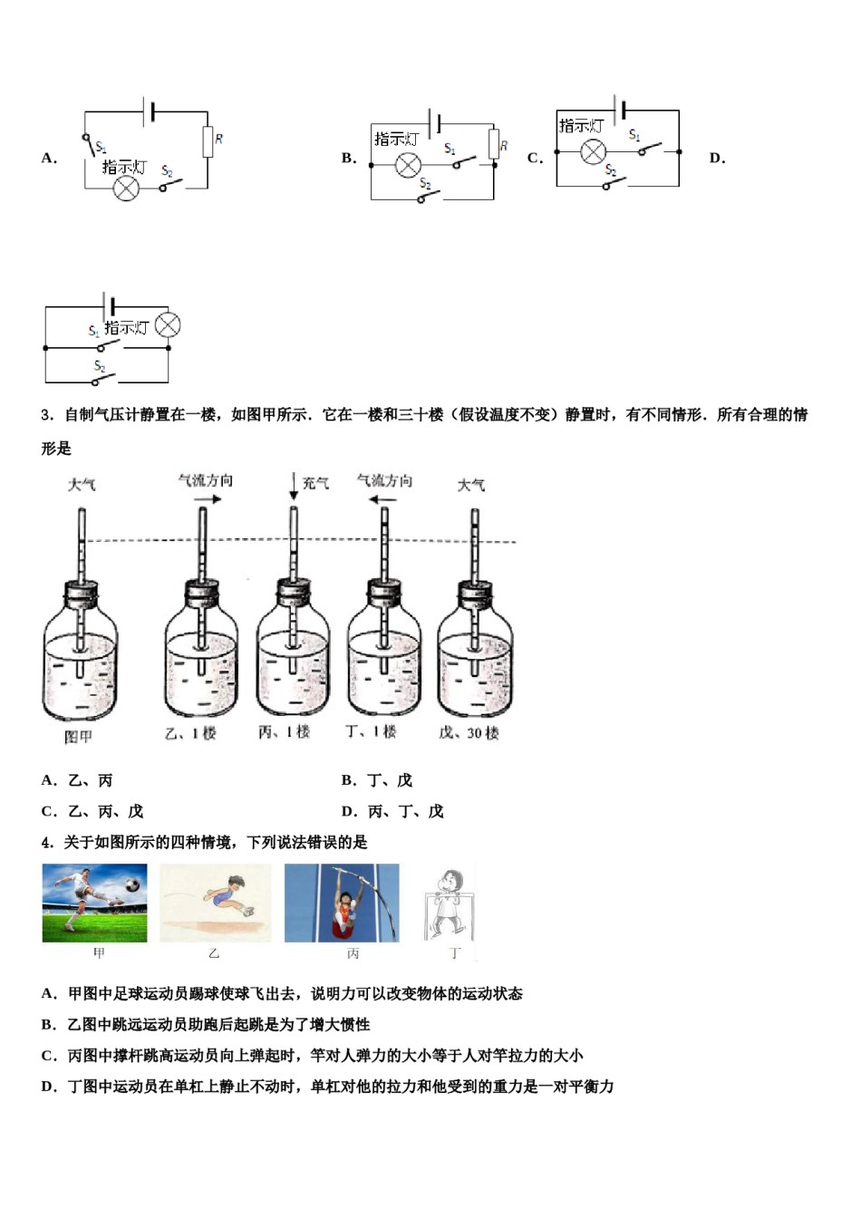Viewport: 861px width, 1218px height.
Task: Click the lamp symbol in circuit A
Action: (x=126, y=188)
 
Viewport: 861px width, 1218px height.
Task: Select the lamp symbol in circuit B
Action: (x=408, y=166)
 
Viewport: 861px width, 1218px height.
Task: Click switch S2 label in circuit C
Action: (x=611, y=170)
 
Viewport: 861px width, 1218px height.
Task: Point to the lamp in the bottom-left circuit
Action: (x=168, y=325)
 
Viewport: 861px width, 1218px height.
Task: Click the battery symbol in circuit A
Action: (x=150, y=111)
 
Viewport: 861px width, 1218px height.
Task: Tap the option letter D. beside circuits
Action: (x=717, y=158)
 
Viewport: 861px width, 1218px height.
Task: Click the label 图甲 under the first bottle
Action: (x=78, y=737)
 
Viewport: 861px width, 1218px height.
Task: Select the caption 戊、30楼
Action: (x=469, y=732)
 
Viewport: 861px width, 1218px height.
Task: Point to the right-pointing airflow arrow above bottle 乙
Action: (x=206, y=499)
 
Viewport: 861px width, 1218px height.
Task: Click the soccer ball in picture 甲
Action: (x=132, y=882)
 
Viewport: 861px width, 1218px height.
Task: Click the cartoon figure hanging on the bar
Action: (x=447, y=904)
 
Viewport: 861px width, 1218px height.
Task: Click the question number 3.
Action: (x=46, y=415)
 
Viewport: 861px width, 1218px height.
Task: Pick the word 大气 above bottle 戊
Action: (x=470, y=486)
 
